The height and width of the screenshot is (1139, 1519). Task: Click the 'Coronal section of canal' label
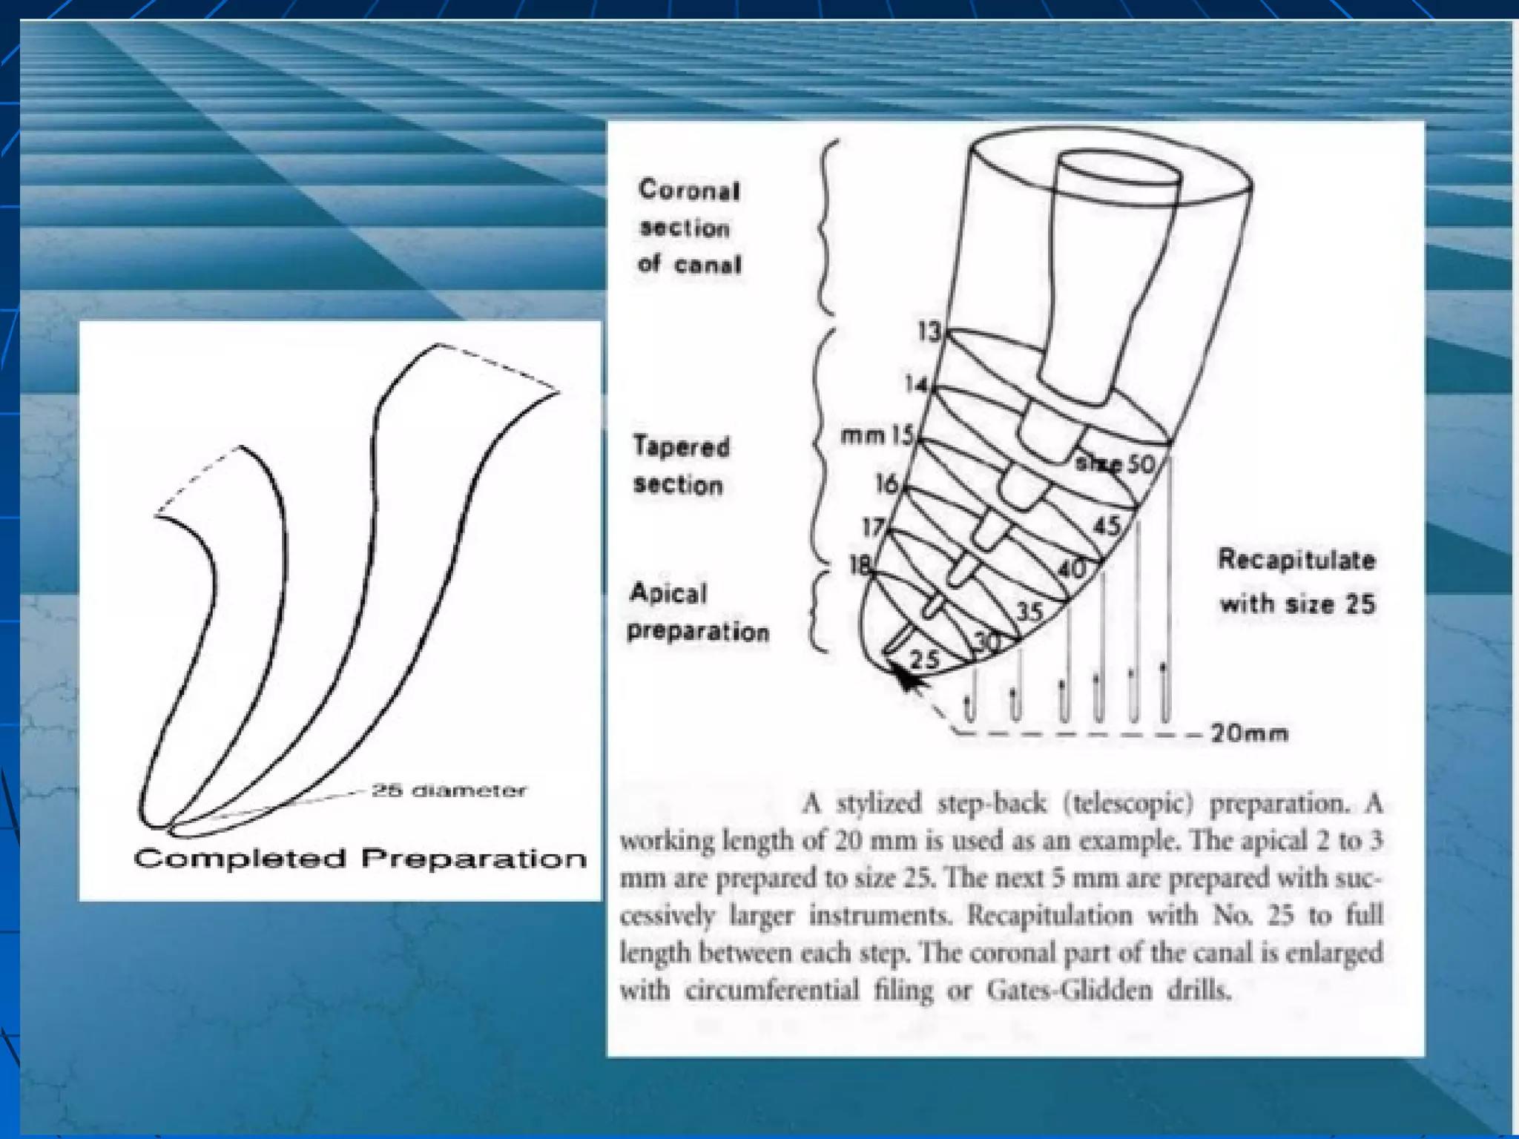tap(690, 227)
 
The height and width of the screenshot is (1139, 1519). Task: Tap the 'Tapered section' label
tap(681, 465)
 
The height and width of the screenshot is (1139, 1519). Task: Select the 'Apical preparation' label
tap(697, 613)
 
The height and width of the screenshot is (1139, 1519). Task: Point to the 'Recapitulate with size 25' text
tap(1297, 581)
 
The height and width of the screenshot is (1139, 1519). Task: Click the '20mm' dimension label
tap(1250, 733)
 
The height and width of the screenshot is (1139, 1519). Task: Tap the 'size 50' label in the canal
tap(1116, 464)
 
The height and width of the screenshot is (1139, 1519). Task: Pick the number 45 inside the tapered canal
tap(1107, 526)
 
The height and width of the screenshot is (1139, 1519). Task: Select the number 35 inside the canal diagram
tap(1029, 612)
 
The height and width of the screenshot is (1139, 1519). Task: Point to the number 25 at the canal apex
tap(924, 659)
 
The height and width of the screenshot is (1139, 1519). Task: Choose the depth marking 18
tap(860, 566)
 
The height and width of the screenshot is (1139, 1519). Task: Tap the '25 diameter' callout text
tap(449, 790)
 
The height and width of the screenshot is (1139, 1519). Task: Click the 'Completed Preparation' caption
tap(360, 859)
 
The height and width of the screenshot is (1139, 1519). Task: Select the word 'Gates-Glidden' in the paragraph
tap(1069, 991)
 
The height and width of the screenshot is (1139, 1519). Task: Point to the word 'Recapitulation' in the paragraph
tap(1050, 915)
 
